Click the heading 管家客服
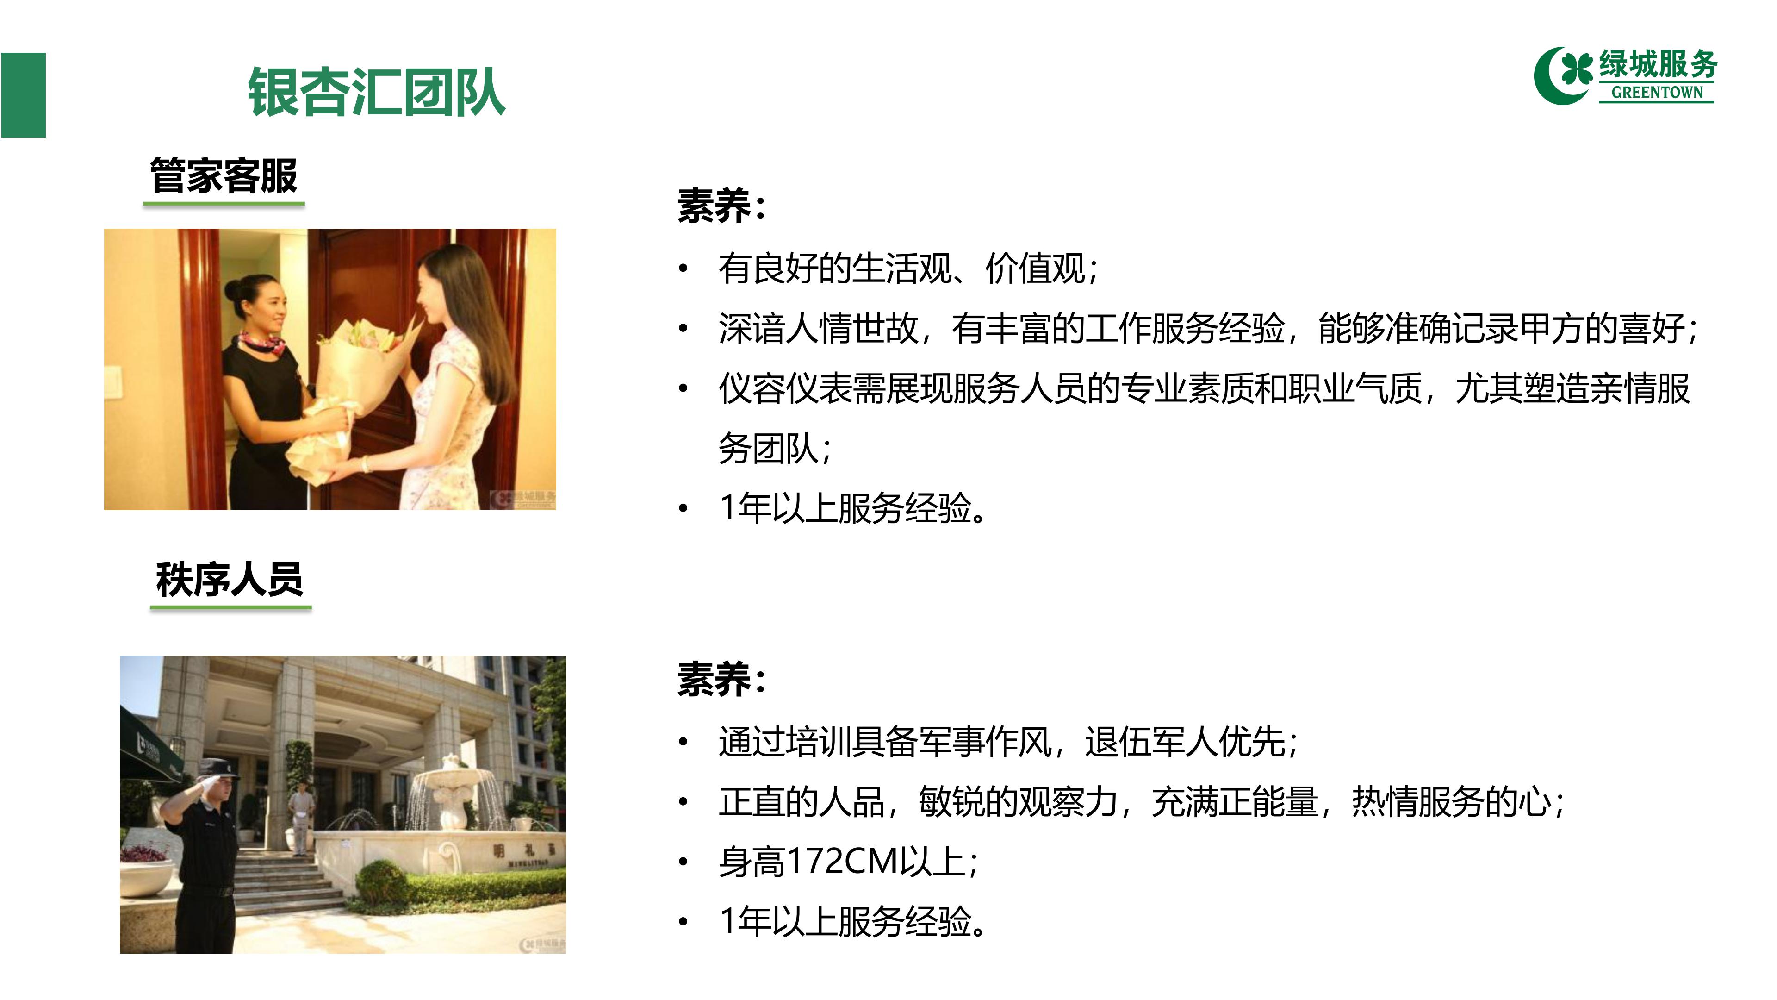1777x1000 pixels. [x=224, y=175]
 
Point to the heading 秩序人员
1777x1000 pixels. [x=229, y=579]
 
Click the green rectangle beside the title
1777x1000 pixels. [x=24, y=95]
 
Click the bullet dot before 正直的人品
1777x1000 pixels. [x=683, y=802]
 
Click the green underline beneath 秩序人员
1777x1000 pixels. [x=230, y=608]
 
